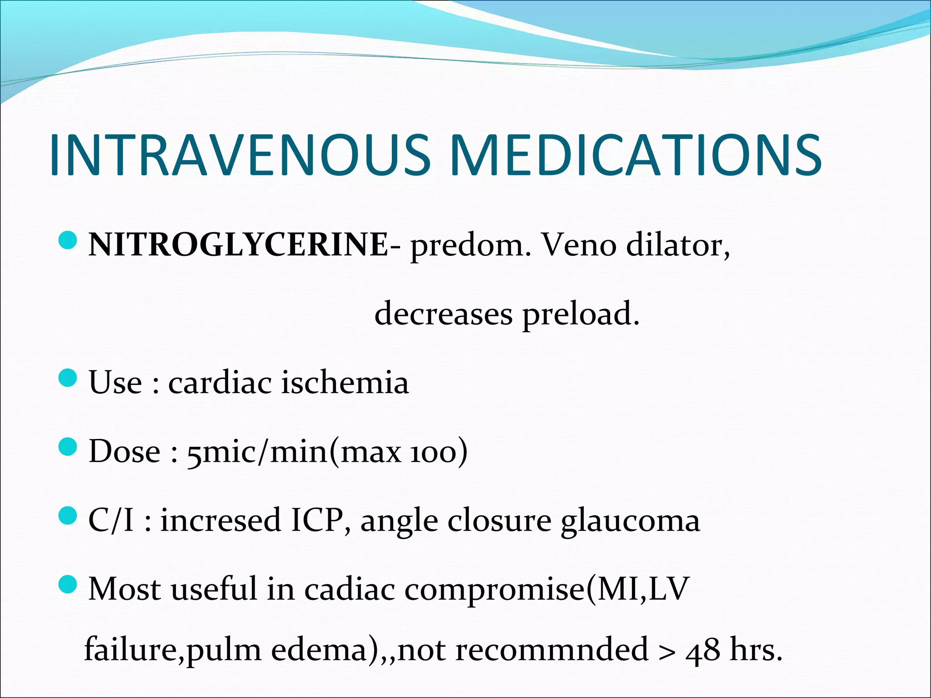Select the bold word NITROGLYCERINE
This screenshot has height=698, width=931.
click(238, 245)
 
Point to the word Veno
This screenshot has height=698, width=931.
click(579, 245)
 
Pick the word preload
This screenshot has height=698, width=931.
click(581, 314)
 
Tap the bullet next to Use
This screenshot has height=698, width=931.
click(69, 378)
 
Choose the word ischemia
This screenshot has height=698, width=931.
click(345, 382)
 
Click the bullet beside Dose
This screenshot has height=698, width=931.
click(69, 447)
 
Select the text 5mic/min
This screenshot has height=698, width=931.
click(257, 452)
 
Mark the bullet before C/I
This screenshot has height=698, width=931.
click(69, 516)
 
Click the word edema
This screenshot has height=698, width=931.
click(319, 650)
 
